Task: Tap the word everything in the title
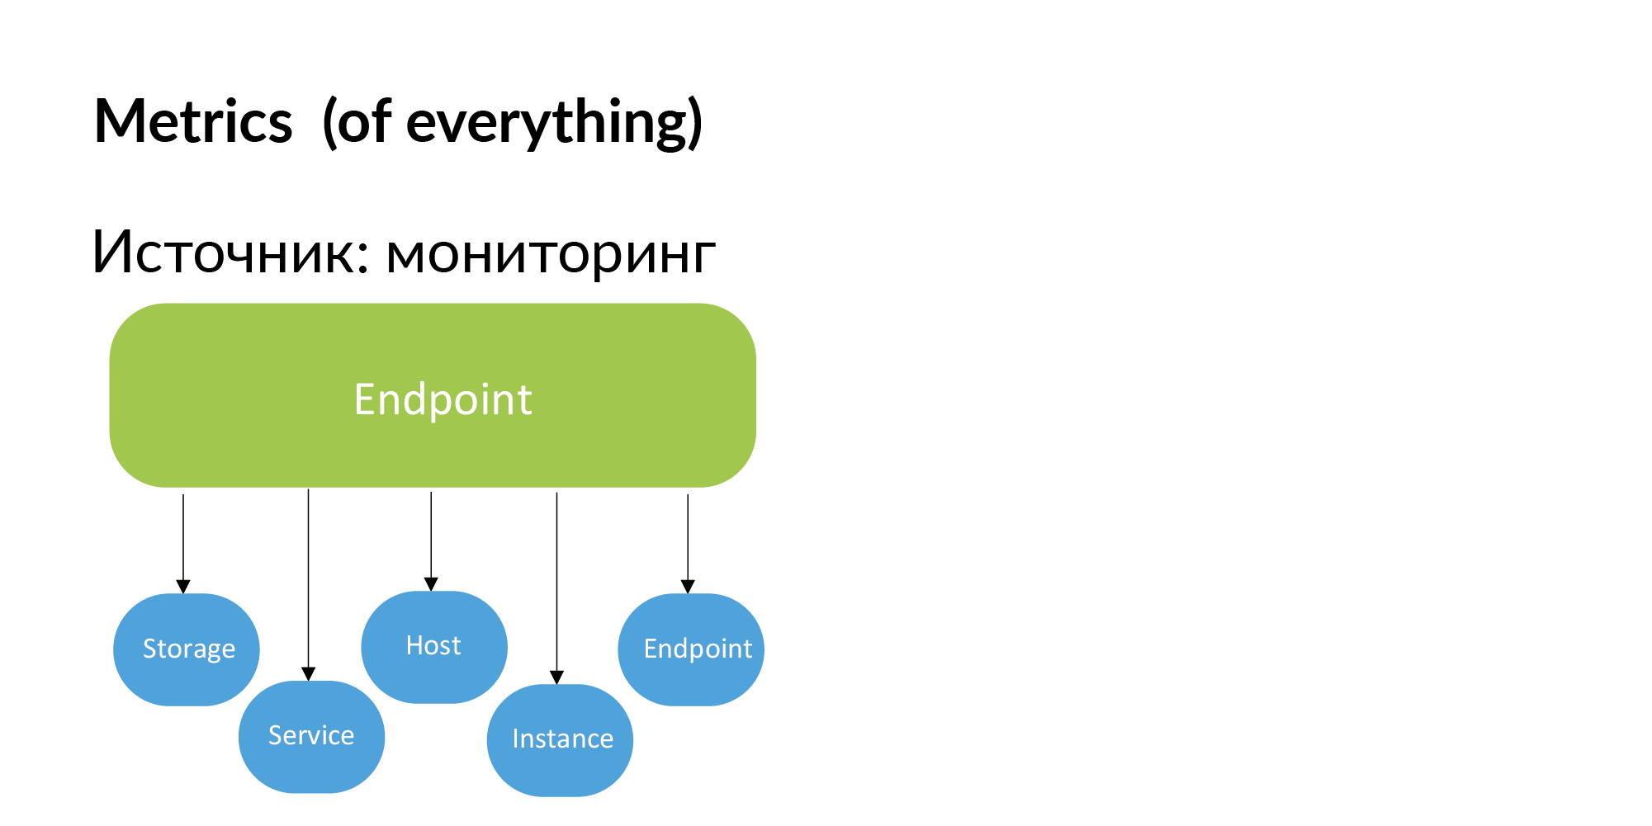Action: coord(547,122)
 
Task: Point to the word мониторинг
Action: coord(551,254)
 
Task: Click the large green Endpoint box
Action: coord(433,396)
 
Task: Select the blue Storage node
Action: coord(187,649)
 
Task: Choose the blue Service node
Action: coord(311,736)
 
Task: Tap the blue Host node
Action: coord(434,646)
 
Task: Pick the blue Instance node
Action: coord(561,739)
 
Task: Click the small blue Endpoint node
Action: coord(692,649)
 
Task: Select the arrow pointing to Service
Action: coord(308,578)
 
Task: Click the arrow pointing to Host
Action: coord(431,536)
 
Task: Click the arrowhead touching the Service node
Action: coord(308,674)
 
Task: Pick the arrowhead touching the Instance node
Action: coord(556,677)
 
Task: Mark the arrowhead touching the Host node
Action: coord(431,584)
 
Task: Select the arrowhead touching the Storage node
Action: coord(183,587)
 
